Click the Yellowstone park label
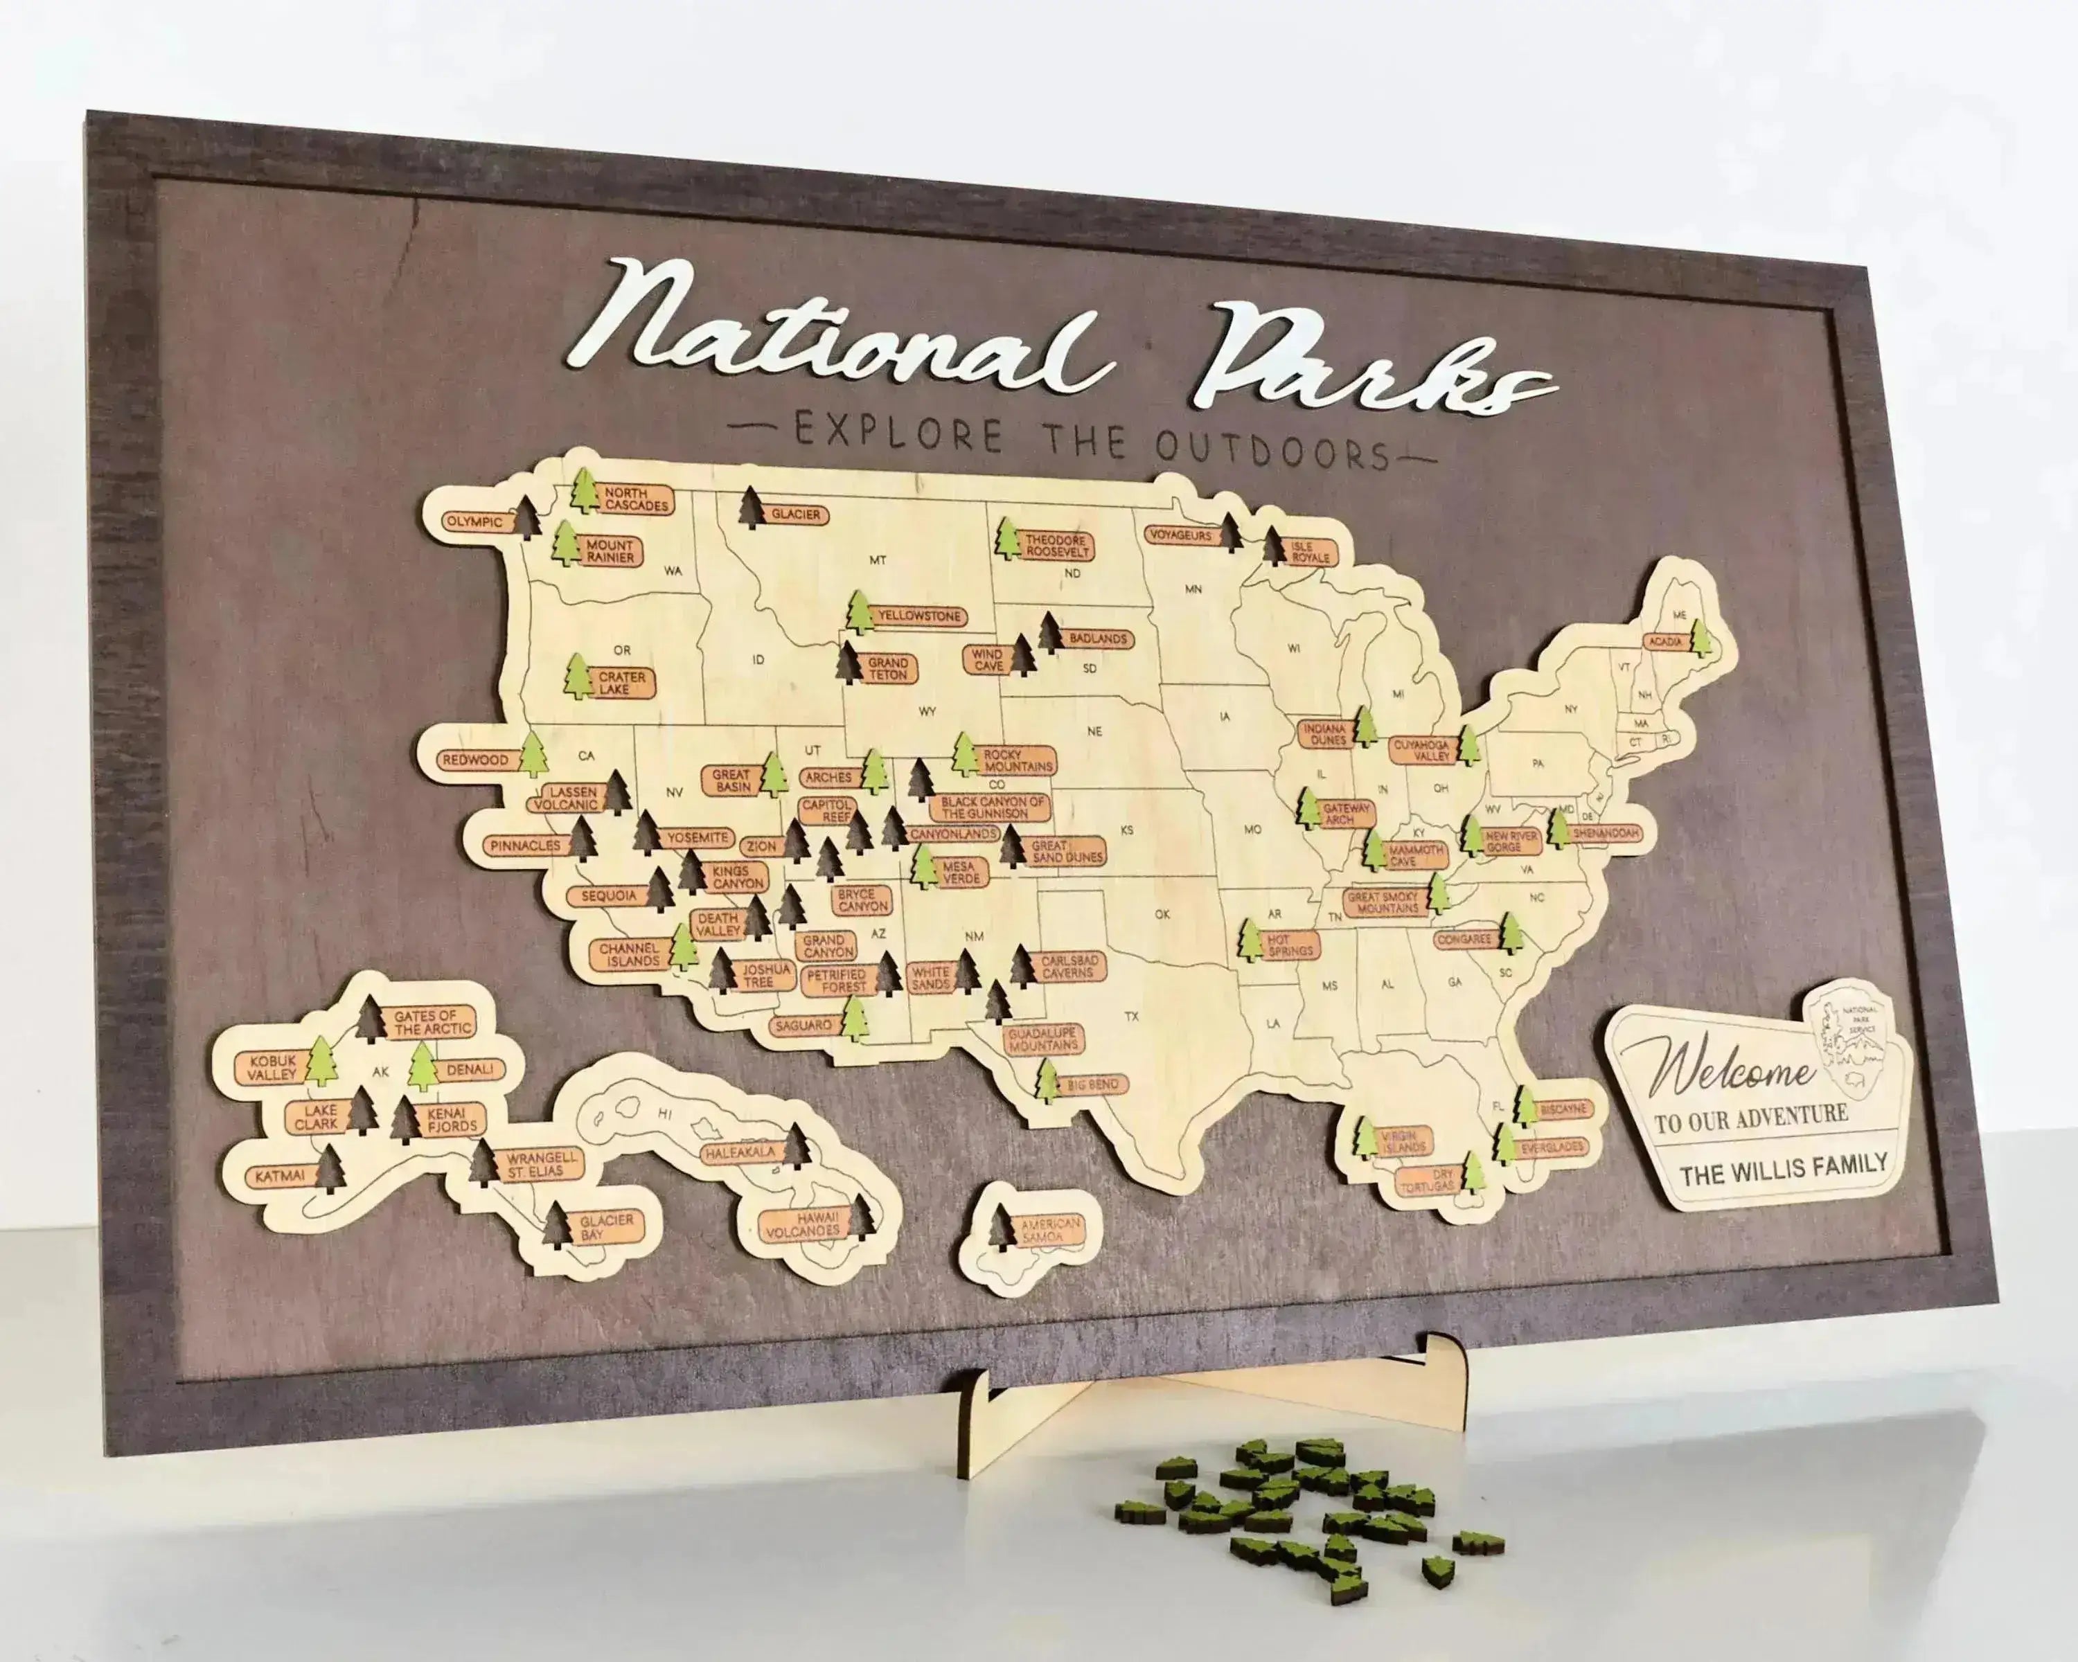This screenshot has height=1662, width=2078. pyautogui.click(x=919, y=616)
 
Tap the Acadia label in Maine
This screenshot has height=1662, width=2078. pyautogui.click(x=1664, y=641)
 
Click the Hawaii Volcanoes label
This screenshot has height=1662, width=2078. pyautogui.click(x=803, y=1224)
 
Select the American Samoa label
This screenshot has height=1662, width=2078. pyautogui.click(x=1051, y=1229)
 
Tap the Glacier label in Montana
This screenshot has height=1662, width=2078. pyautogui.click(x=795, y=515)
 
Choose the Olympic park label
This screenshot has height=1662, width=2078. pyautogui.click(x=474, y=521)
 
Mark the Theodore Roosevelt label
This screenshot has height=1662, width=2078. pyautogui.click(x=1056, y=546)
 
